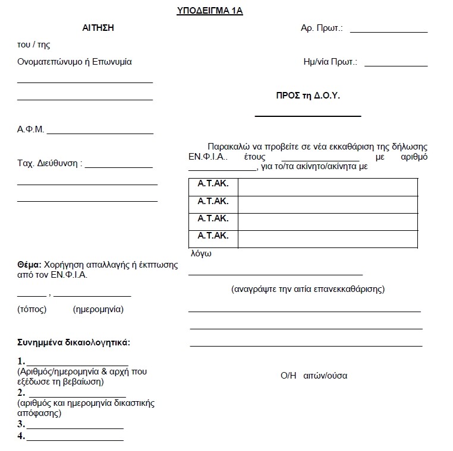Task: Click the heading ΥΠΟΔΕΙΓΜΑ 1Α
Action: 210,10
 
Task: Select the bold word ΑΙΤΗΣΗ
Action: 97,28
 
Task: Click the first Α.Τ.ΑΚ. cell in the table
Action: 213,185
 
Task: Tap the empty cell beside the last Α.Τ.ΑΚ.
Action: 328,238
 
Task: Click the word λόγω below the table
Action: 201,253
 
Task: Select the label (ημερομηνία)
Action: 98,309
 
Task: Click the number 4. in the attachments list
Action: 21,436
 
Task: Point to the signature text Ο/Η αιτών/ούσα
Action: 314,375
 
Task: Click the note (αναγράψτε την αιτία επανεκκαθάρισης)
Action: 307,289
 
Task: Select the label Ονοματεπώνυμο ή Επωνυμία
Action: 75,62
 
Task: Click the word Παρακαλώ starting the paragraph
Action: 225,147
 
